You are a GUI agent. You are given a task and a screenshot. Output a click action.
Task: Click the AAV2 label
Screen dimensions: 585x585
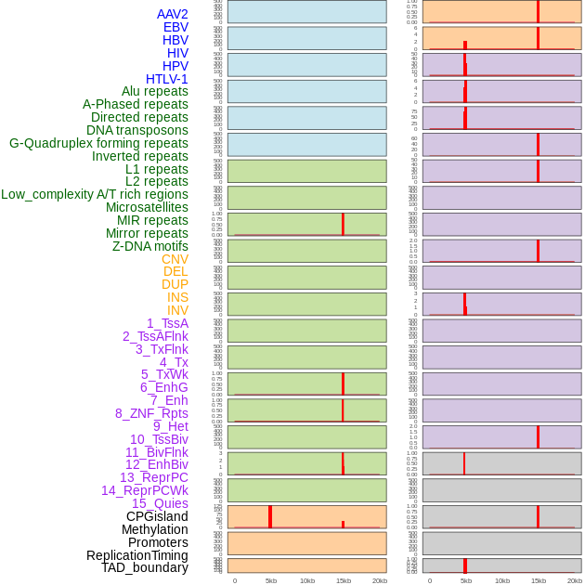pos(172,14)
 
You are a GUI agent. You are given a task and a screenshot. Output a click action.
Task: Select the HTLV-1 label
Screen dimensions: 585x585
pos(166,79)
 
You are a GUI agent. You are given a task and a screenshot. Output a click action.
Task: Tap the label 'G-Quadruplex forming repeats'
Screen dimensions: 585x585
pos(98,143)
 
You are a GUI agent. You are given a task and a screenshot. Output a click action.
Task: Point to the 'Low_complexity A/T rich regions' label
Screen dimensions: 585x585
pos(94,194)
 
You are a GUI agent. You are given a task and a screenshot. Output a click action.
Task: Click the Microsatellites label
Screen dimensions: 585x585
pos(147,207)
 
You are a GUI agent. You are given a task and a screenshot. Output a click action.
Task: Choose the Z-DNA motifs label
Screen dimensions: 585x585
pos(149,246)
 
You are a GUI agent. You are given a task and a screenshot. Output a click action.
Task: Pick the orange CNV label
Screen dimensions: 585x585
pos(175,259)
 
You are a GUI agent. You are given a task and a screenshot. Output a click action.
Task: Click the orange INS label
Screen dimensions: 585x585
pos(177,297)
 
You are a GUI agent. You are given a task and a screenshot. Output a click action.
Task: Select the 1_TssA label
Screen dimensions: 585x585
pos(167,323)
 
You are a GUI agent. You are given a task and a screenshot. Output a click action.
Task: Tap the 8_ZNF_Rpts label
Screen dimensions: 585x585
pos(151,413)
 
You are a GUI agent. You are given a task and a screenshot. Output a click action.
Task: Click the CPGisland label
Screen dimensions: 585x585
pos(157,516)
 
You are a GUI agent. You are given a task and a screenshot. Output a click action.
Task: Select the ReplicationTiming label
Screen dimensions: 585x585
pos(136,555)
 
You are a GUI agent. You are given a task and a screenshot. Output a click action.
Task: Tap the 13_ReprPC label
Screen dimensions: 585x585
pos(153,477)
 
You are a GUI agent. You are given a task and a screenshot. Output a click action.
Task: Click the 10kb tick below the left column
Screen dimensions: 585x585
pos(307,580)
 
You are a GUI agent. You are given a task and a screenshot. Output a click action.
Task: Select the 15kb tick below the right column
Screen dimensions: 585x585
pos(538,580)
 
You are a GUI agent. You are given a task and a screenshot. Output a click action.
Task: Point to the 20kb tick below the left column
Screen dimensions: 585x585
pos(379,580)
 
